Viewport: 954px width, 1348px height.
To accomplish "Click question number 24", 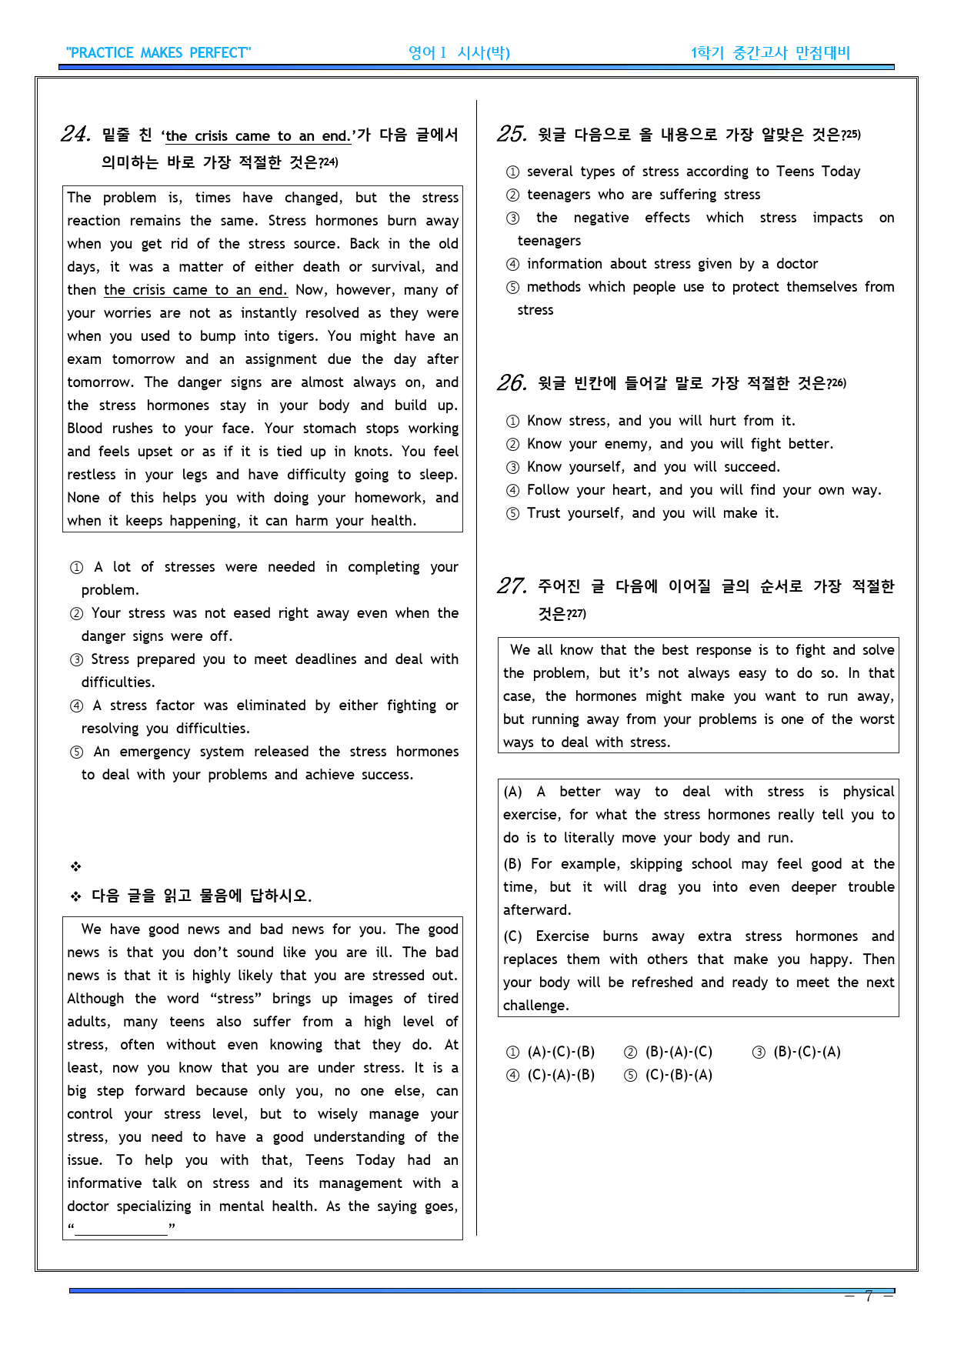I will pyautogui.click(x=75, y=135).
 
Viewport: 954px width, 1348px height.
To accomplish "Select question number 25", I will pyautogui.click(x=512, y=135).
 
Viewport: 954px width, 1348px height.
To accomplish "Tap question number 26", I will pyautogui.click(x=512, y=383).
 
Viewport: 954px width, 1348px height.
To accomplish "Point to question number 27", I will pyautogui.click(x=512, y=586).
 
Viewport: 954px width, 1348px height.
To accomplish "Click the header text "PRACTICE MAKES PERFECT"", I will pyautogui.click(x=158, y=53).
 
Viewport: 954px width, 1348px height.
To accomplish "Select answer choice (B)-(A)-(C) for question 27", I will pyautogui.click(x=668, y=1052).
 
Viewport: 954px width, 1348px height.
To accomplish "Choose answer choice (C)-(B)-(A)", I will pyautogui.click(x=668, y=1075).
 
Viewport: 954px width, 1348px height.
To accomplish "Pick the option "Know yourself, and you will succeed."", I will pyautogui.click(x=653, y=467).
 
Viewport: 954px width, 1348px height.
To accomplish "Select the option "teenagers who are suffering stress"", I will pyautogui.click(x=643, y=195).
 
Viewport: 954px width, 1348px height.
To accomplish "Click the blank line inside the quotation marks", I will pyautogui.click(x=122, y=1228).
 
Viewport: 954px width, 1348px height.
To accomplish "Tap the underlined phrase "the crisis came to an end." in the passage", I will pyautogui.click(x=195, y=290).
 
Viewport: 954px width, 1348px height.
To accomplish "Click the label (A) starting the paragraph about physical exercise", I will pyautogui.click(x=512, y=792).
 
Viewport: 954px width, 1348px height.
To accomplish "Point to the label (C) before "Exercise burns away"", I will pyautogui.click(x=512, y=936).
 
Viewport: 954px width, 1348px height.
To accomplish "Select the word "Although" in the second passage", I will pyautogui.click(x=95, y=999).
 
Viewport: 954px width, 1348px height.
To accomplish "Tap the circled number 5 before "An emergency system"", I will pyautogui.click(x=76, y=752).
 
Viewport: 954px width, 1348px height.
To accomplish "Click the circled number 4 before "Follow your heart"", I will pyautogui.click(x=512, y=490).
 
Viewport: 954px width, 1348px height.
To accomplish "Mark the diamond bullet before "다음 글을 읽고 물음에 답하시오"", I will pyautogui.click(x=76, y=896).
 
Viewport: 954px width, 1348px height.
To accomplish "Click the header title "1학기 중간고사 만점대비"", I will pyautogui.click(x=770, y=53).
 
